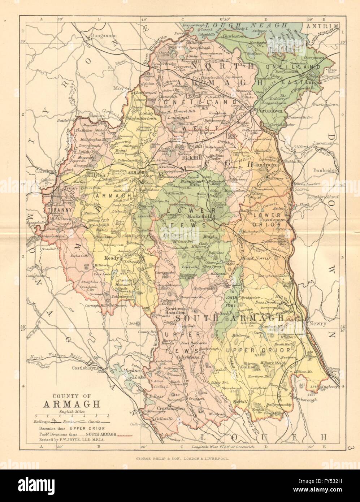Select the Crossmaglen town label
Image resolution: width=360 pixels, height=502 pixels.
(170, 409)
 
